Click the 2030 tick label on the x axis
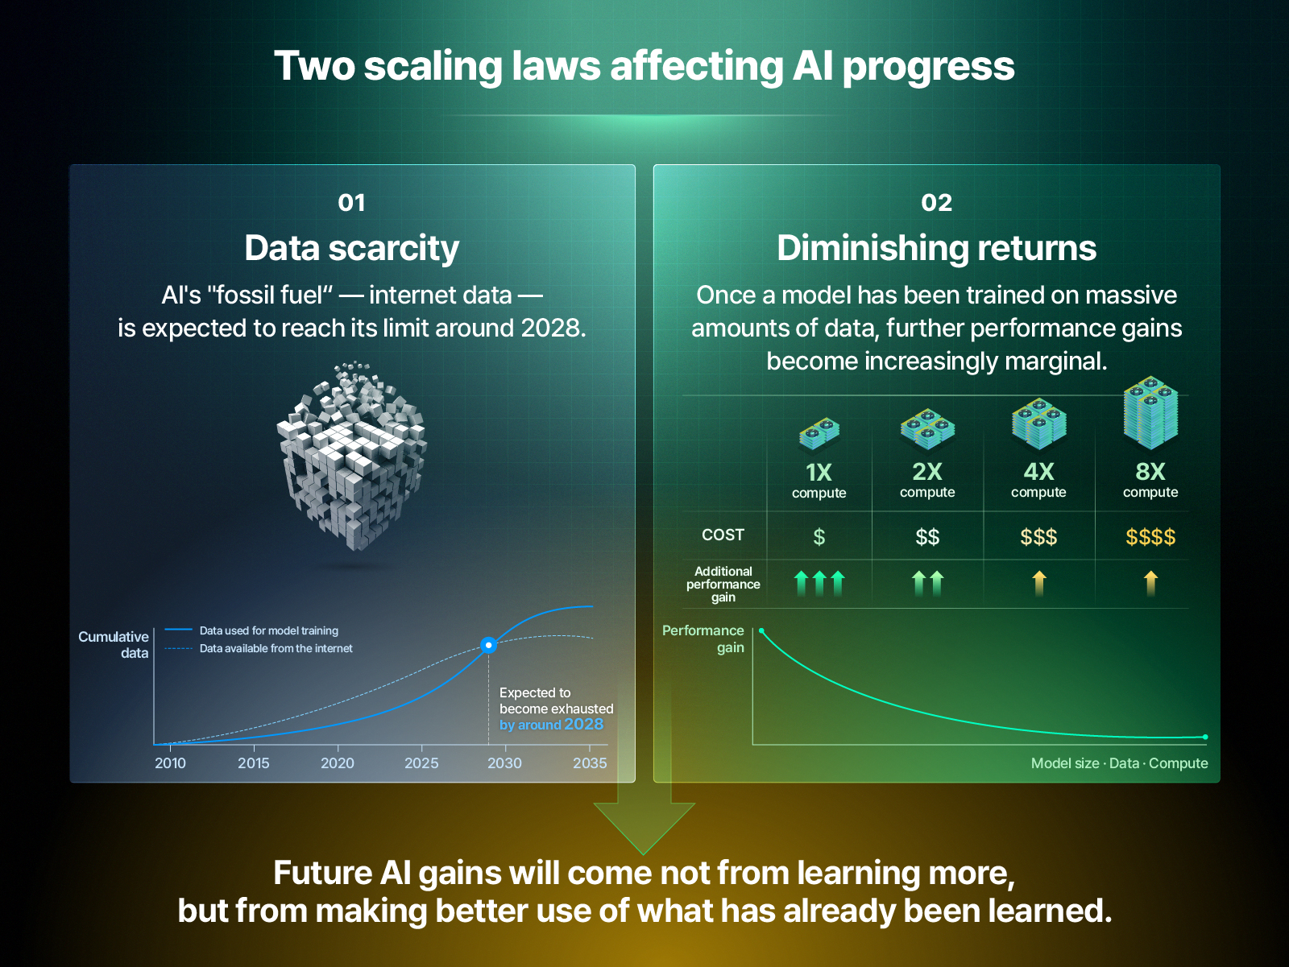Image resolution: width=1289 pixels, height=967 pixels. pos(504,762)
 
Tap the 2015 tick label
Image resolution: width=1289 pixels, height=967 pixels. pos(254,762)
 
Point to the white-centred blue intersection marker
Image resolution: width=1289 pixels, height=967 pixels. pos(488,645)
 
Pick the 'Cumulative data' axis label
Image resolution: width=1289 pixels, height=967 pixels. pos(114,645)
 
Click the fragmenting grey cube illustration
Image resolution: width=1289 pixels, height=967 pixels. pos(352,456)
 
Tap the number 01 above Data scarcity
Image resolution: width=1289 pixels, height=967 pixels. pos(351,203)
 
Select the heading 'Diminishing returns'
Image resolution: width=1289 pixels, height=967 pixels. pos(937,248)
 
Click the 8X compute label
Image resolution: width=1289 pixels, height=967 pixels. pos(1150,480)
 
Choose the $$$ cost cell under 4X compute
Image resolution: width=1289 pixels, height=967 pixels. pos(1038,537)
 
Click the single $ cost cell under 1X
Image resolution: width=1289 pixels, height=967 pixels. pos(819,537)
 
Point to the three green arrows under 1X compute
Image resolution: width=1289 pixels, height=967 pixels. pos(819,583)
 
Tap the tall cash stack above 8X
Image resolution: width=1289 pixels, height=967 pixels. pos(1150,414)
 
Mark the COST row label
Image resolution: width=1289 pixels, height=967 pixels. pos(723,535)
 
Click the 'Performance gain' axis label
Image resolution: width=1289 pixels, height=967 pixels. pos(703,639)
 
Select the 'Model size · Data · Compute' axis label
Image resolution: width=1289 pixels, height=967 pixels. pos(1119,763)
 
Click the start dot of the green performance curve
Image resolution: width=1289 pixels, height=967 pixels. pos(761,630)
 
